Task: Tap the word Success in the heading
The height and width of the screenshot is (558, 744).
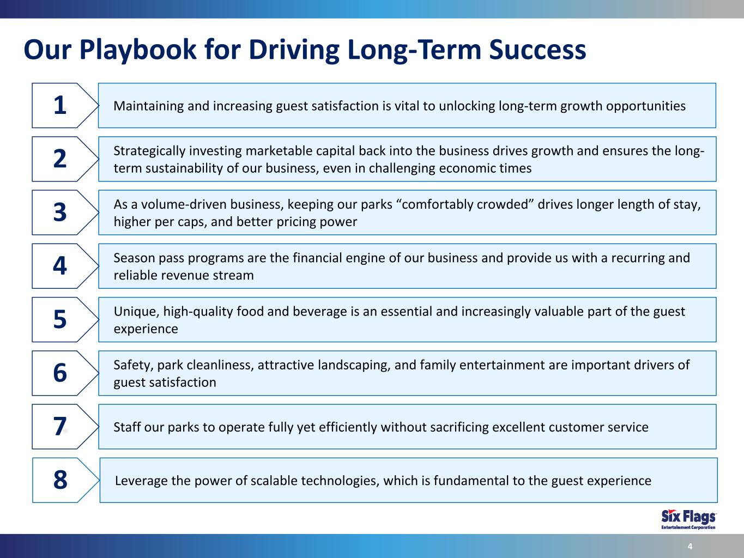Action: pyautogui.click(x=537, y=50)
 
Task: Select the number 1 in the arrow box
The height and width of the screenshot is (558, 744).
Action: pyautogui.click(x=60, y=105)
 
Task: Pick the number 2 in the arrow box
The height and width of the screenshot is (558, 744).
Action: pyautogui.click(x=60, y=159)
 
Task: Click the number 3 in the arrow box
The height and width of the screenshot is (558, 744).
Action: pyautogui.click(x=60, y=213)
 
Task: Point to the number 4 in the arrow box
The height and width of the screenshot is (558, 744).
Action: pyautogui.click(x=60, y=265)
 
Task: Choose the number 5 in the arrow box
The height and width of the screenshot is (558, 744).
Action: pyautogui.click(x=60, y=319)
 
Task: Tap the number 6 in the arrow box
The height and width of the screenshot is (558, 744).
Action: pyautogui.click(x=60, y=373)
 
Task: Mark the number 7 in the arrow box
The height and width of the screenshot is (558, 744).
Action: pyautogui.click(x=60, y=426)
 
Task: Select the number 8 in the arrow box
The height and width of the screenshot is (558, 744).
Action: pyautogui.click(x=61, y=480)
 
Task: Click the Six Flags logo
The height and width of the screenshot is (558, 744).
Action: pyautogui.click(x=688, y=519)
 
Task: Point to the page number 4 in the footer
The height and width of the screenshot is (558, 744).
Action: pyautogui.click(x=690, y=546)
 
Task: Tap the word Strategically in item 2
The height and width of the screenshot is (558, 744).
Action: pyautogui.click(x=149, y=151)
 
